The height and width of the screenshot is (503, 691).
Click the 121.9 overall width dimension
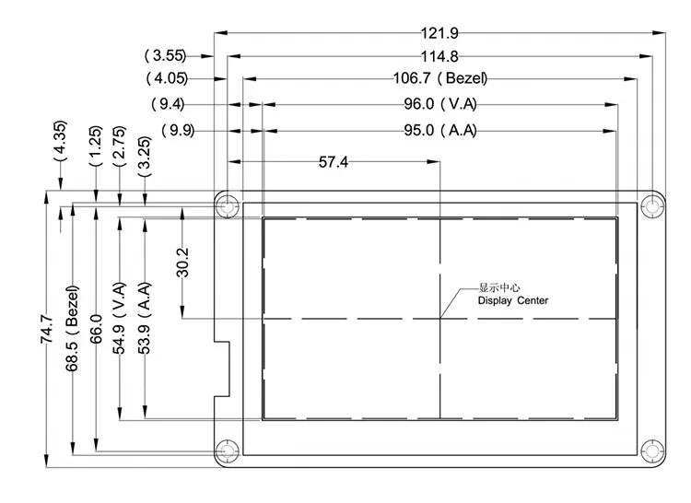click(x=439, y=33)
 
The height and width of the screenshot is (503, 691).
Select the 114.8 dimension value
click(x=439, y=56)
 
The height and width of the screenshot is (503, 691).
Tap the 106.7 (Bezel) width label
click(x=440, y=78)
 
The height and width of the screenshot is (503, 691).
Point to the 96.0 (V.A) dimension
click(x=440, y=104)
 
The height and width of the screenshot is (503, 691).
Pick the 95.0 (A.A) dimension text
click(x=440, y=131)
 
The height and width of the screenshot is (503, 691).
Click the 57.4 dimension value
click(x=334, y=162)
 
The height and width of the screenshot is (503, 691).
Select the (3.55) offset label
click(x=165, y=55)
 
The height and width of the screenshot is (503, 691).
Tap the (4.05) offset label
click(x=167, y=78)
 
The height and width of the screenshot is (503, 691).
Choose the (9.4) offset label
click(x=168, y=104)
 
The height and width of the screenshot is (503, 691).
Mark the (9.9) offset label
click(x=178, y=131)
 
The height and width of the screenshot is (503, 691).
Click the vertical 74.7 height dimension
click(x=47, y=329)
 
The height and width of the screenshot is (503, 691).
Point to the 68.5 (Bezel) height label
click(x=72, y=329)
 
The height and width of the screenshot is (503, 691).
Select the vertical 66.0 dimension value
click(x=96, y=329)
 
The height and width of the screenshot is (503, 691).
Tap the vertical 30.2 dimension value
click(x=182, y=263)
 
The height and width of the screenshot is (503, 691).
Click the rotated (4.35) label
click(x=60, y=141)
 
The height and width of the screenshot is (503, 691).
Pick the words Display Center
click(x=513, y=301)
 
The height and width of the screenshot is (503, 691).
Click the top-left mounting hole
click(x=228, y=205)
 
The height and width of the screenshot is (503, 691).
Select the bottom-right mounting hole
click(x=652, y=451)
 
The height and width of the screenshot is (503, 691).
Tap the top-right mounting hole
click(x=652, y=205)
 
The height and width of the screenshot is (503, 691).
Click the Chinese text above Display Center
click(x=498, y=288)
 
